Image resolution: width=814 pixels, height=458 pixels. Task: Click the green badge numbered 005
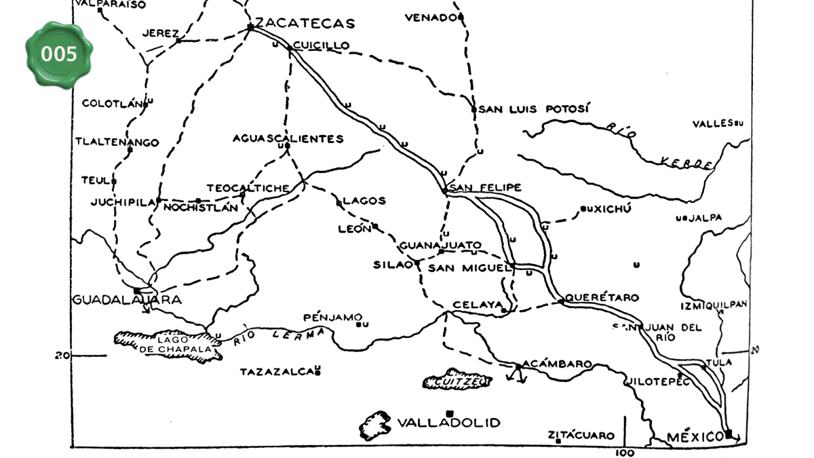(x=59, y=54)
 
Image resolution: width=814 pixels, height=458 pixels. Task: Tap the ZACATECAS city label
(x=305, y=23)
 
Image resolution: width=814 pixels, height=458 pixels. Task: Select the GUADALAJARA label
(x=127, y=300)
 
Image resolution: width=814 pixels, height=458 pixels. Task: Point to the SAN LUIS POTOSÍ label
(x=535, y=109)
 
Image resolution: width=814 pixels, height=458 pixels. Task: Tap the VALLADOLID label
(x=448, y=423)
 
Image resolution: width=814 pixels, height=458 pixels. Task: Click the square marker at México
(x=729, y=433)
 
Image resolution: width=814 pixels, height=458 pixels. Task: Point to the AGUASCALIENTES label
(x=288, y=138)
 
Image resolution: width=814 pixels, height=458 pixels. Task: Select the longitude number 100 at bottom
(x=625, y=453)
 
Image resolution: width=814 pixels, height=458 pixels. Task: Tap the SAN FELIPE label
(x=486, y=187)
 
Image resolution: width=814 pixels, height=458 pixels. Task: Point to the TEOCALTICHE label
(x=248, y=188)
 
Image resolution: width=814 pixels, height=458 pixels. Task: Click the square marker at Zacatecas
(x=250, y=27)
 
